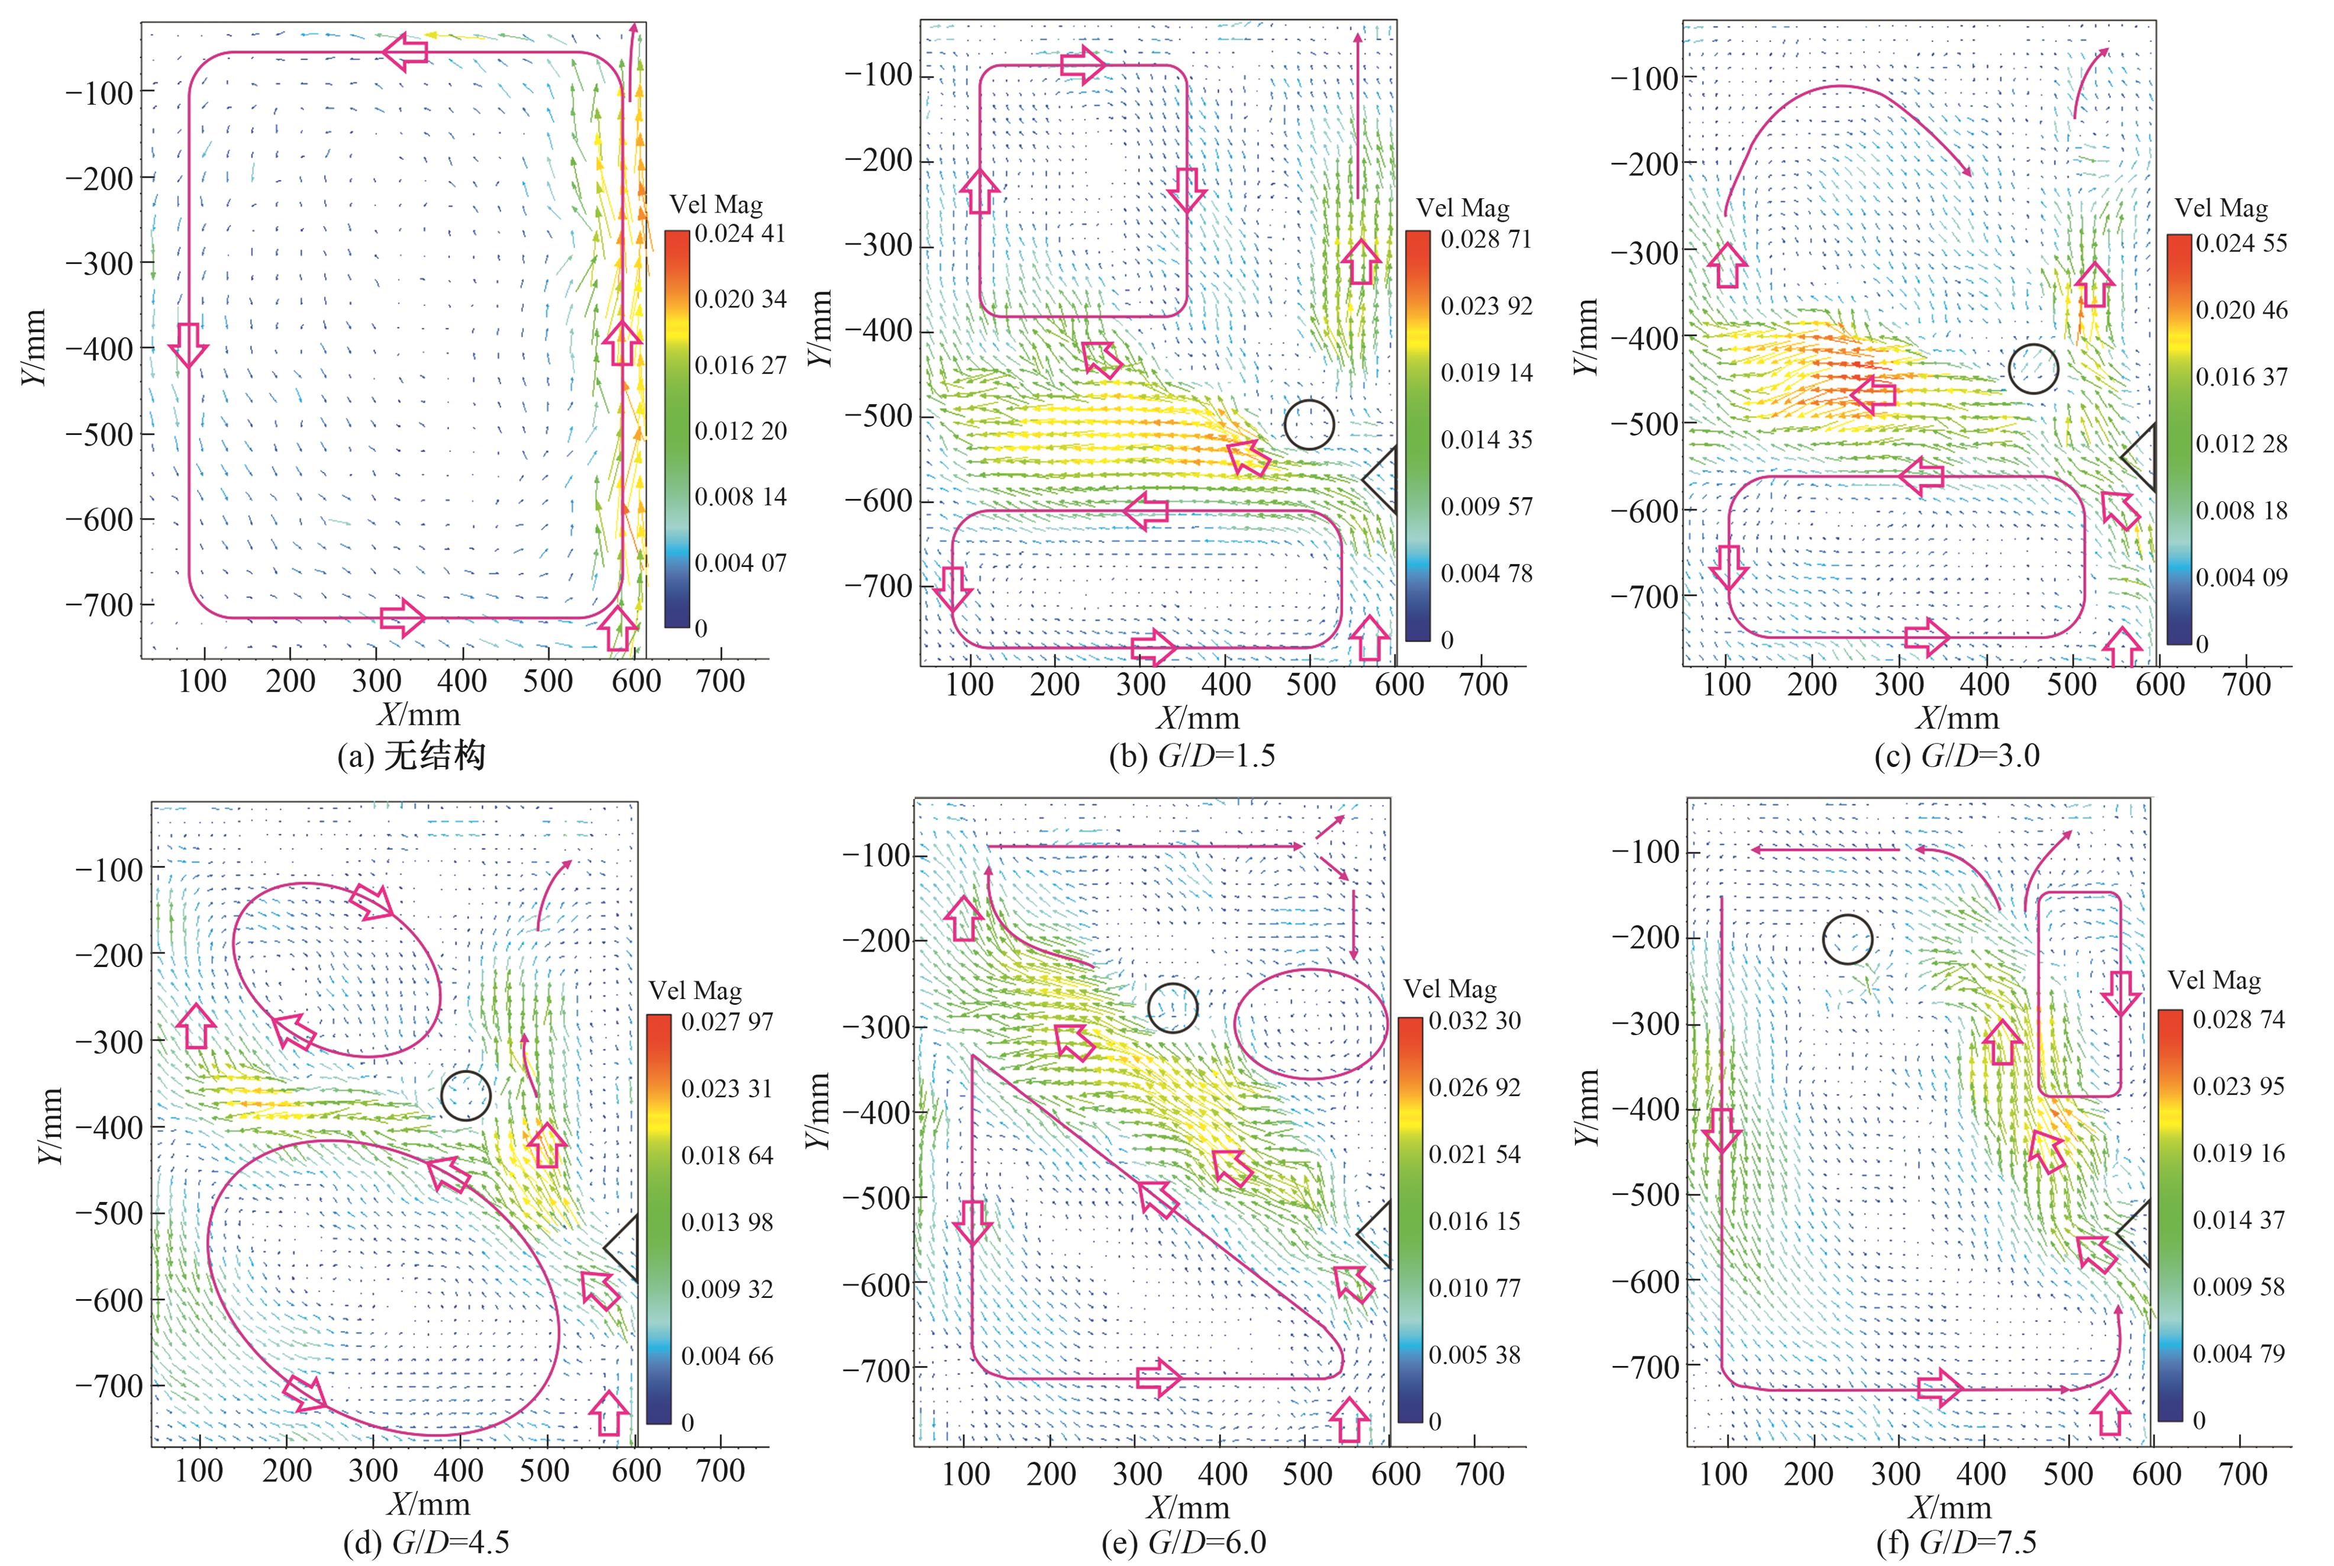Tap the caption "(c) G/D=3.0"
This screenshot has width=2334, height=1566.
pyautogui.click(x=1957, y=756)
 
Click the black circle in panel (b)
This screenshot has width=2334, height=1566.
pyautogui.click(x=1309, y=424)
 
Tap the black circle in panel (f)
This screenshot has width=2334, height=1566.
pyautogui.click(x=1847, y=939)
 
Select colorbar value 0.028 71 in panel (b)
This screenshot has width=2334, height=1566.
pyautogui.click(x=1486, y=240)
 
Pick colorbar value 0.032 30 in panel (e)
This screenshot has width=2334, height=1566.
pyautogui.click(x=1474, y=1021)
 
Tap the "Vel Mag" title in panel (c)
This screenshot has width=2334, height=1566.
pyautogui.click(x=2220, y=208)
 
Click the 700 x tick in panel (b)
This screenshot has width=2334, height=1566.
pyautogui.click(x=1483, y=685)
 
